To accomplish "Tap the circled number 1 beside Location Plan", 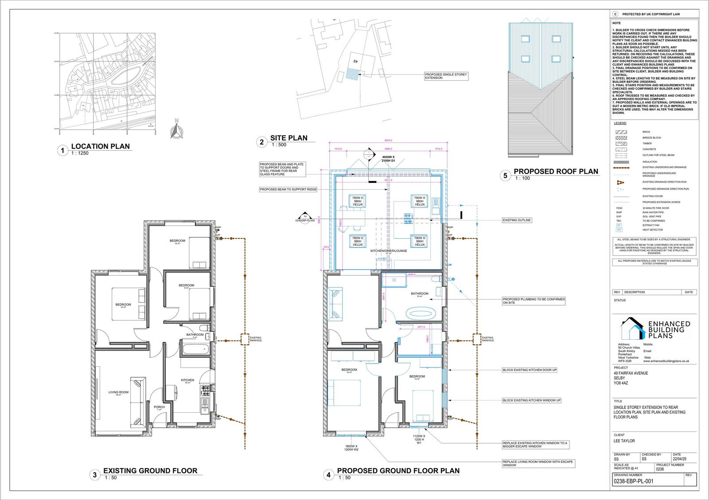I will pos(62,151).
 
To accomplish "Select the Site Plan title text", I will pos(288,138).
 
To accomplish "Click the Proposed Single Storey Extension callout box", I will pos(446,76).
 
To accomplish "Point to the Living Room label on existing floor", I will pos(118,392).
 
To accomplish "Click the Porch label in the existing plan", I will pos(159,407).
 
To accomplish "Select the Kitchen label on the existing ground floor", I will pos(187,380).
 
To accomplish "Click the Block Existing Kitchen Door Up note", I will pos(530,370).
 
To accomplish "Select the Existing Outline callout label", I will pos(517,220).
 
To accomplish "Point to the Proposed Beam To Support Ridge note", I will pos(288,190).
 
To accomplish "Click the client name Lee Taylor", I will pos(624,441).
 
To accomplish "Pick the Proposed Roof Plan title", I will pos(556,171).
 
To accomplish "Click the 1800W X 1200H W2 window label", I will pos(351,448).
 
